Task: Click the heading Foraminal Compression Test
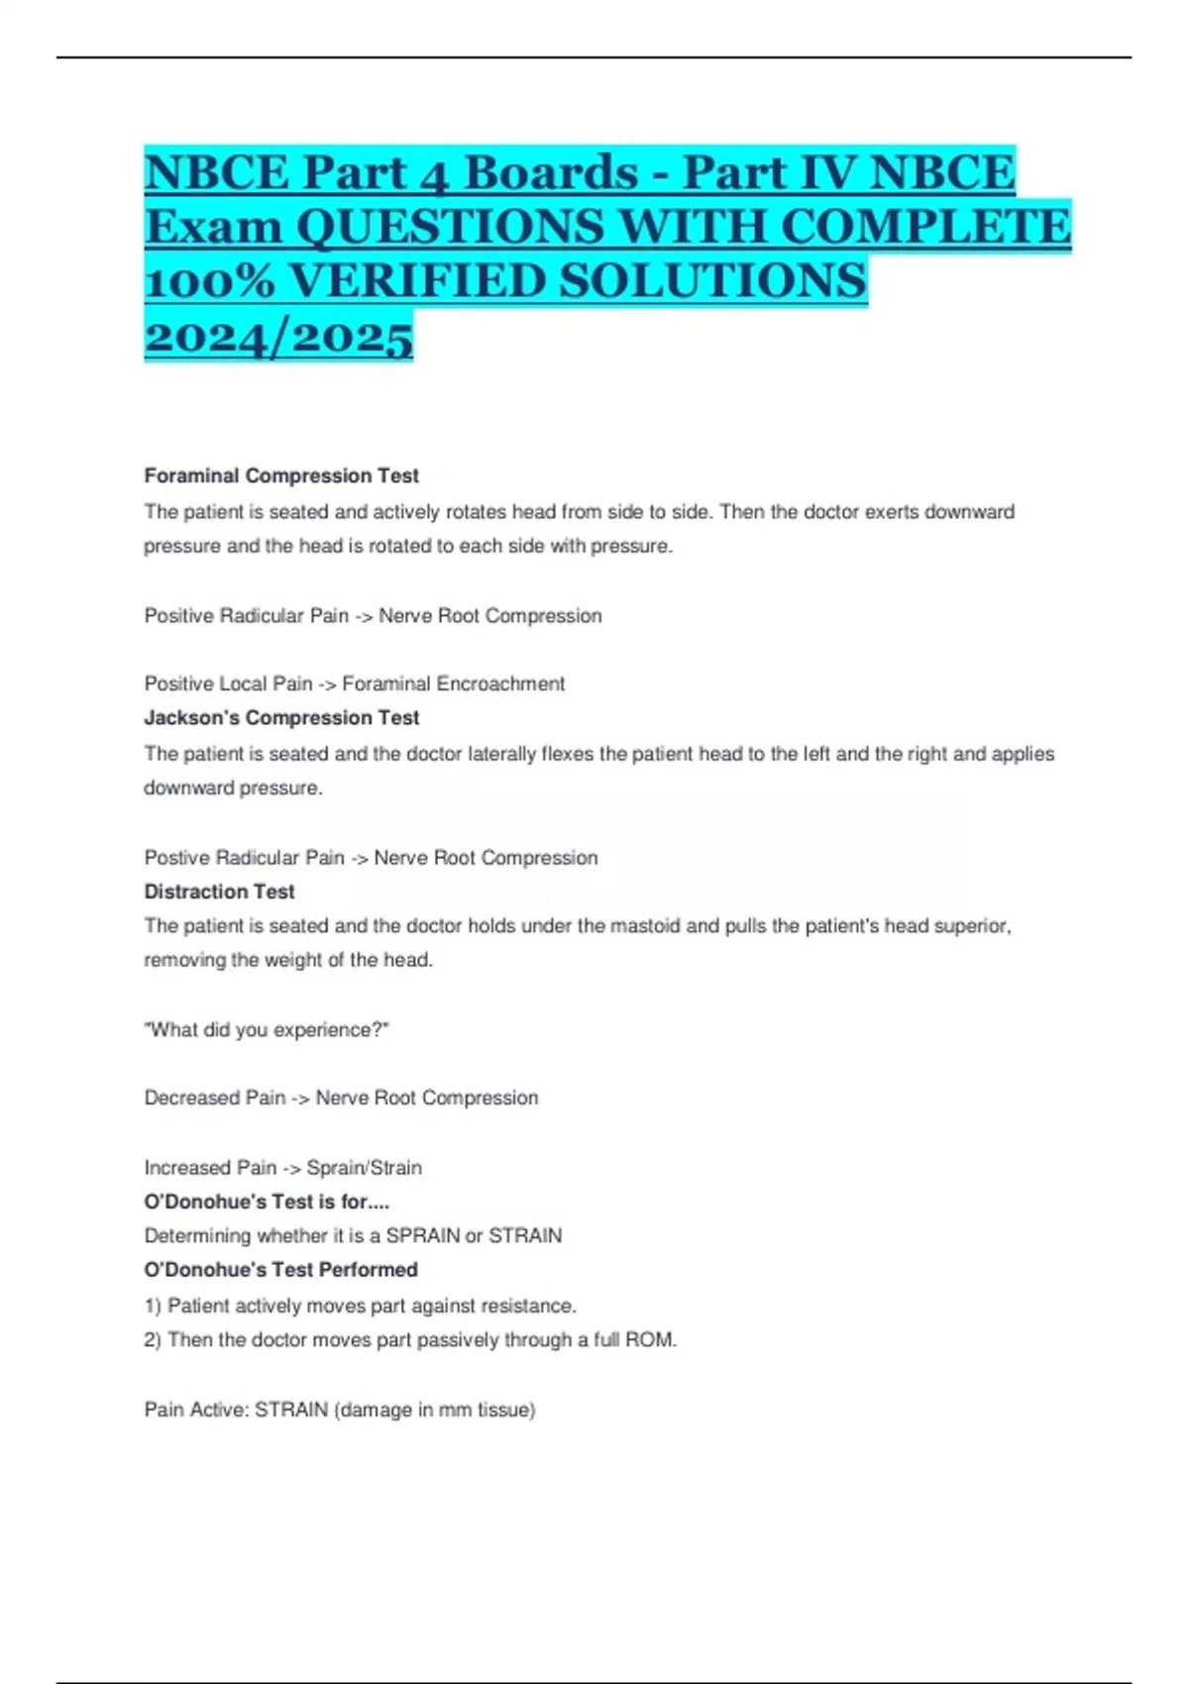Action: tap(281, 475)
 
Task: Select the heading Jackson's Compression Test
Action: tap(281, 717)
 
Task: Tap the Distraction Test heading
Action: tap(219, 892)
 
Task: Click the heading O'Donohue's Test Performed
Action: tap(280, 1270)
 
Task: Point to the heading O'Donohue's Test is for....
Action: tap(267, 1202)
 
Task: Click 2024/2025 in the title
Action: tap(278, 337)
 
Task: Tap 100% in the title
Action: tap(209, 281)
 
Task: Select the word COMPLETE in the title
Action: tap(925, 227)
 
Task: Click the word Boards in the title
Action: tap(551, 173)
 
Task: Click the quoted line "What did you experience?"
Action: tap(267, 1030)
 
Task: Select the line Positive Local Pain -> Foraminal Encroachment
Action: tap(354, 684)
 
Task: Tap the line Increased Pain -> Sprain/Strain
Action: tap(282, 1168)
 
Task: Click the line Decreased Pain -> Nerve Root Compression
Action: tap(341, 1098)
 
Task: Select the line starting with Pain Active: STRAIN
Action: tap(339, 1410)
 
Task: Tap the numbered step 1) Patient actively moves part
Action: tap(360, 1306)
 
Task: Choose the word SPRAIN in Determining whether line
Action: tap(423, 1236)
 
